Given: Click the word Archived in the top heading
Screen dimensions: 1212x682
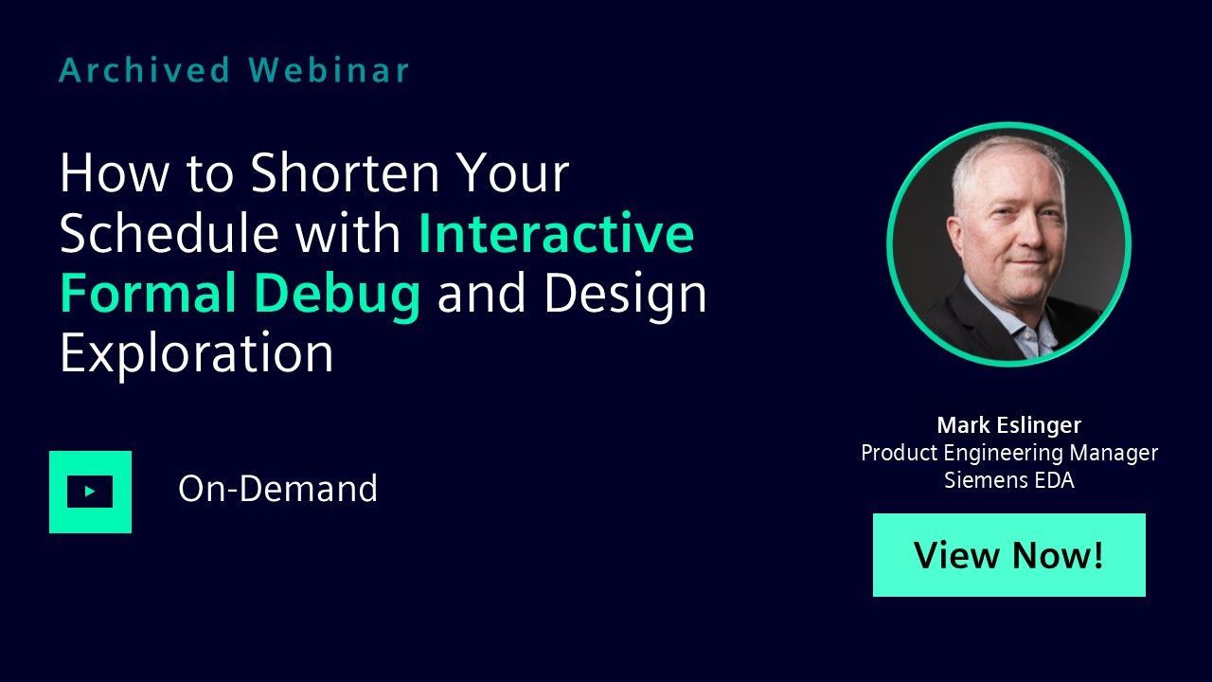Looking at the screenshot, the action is point(145,70).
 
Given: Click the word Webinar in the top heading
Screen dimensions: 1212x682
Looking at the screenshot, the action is point(329,70).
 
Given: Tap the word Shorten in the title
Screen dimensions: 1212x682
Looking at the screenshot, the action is point(345,172).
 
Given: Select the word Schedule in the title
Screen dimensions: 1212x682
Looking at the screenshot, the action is point(169,232).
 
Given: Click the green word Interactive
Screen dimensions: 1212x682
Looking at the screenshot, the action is point(557,232).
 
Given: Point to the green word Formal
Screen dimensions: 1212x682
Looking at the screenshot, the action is point(148,293).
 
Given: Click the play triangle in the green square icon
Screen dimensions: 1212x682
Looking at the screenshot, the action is point(90,492).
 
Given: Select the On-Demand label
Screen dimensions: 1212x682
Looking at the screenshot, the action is point(277,488).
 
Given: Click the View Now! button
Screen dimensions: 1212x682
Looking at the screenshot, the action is point(1009,555).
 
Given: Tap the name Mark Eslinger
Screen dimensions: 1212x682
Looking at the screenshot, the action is point(1009,425).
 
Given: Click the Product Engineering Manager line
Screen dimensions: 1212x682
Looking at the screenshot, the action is point(1009,453).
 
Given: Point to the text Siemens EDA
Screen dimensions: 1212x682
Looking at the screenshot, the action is point(1009,480).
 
